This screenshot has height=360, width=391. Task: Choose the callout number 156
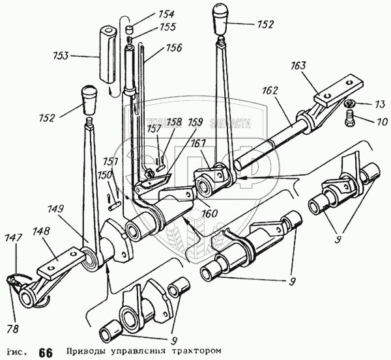point(173,48)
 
